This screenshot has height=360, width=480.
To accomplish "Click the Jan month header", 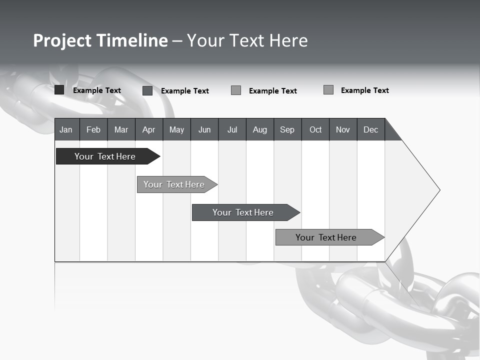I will click(66, 129).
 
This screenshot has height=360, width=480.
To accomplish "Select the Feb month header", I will click(93, 129).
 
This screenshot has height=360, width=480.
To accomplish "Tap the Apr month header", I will click(149, 129).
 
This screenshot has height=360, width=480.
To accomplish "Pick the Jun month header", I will click(204, 129).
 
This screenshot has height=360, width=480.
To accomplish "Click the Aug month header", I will click(260, 129).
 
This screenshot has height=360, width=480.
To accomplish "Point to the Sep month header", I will click(287, 129).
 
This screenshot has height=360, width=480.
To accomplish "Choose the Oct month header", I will click(315, 129).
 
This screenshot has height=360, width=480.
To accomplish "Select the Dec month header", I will click(371, 129).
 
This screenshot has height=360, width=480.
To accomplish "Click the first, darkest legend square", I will click(59, 90).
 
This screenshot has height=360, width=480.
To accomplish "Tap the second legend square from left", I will click(147, 90).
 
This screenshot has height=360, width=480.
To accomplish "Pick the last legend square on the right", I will click(328, 90).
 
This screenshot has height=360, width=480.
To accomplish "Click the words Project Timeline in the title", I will click(100, 40).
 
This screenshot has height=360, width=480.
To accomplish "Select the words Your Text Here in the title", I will click(247, 40).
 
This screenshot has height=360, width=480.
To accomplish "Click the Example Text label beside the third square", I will click(273, 91).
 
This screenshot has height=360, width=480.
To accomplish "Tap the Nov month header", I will click(343, 129).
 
